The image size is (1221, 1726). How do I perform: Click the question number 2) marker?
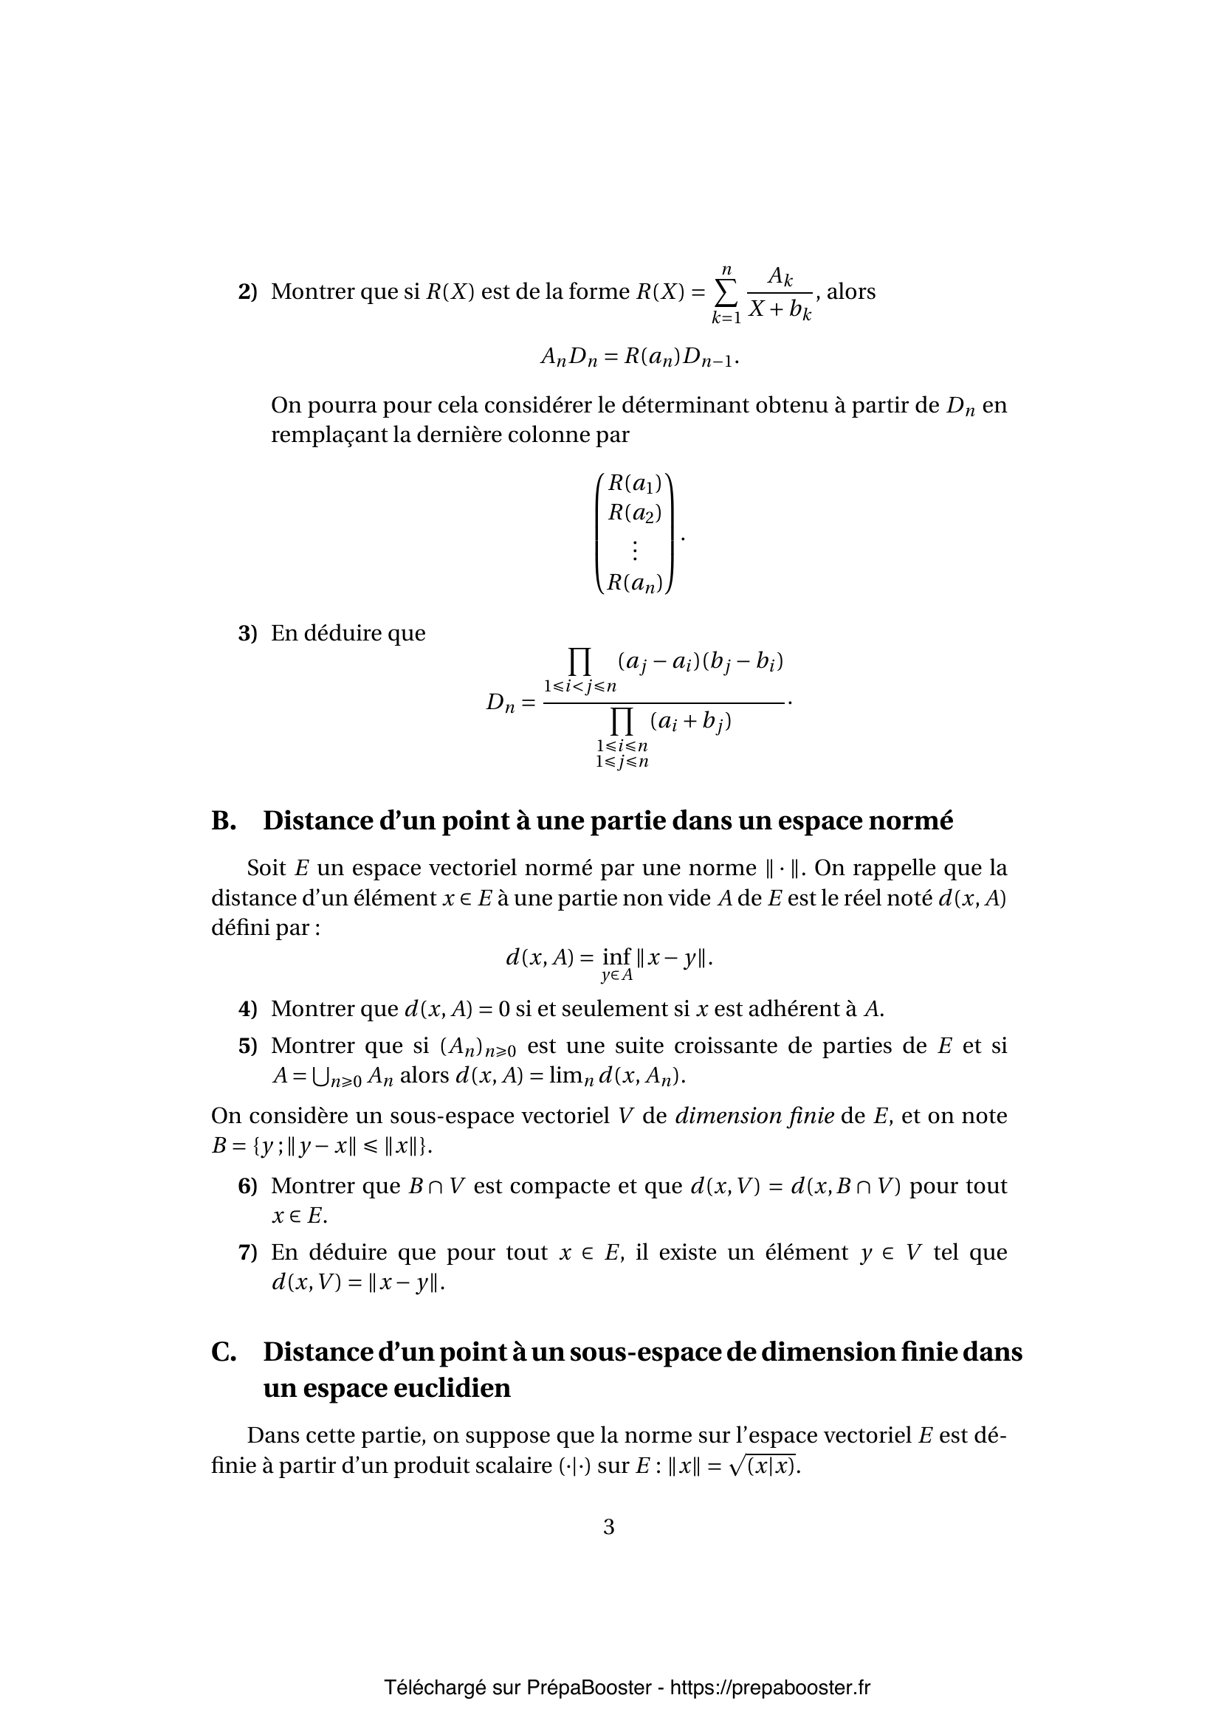point(247,291)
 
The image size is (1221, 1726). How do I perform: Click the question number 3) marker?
point(247,633)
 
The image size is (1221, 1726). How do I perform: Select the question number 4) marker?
point(247,1008)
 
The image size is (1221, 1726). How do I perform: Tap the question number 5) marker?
point(247,1046)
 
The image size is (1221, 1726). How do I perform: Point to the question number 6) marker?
point(247,1186)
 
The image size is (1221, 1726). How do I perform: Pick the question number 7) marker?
point(247,1252)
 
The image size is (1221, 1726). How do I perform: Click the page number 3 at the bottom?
point(609,1527)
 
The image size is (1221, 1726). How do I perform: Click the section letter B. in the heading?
point(224,820)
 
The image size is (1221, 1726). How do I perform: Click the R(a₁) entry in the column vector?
point(635,484)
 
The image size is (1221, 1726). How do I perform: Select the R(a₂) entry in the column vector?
point(635,513)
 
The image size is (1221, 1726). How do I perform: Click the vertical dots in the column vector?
point(635,551)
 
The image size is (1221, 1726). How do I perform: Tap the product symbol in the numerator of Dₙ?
point(579,661)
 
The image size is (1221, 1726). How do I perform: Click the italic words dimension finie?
point(754,1116)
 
